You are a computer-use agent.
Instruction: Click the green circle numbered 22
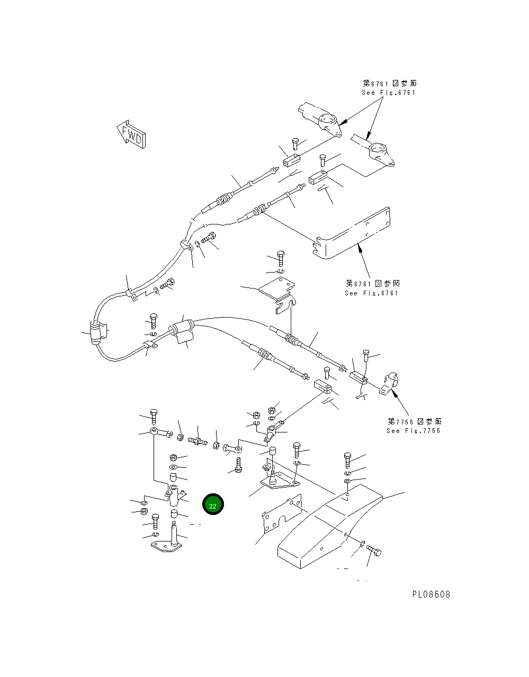213,505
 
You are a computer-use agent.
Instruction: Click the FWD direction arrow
131,136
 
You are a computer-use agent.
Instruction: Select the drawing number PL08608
431,594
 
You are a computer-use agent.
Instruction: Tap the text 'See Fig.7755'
413,431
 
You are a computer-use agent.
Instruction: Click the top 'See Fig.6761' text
389,93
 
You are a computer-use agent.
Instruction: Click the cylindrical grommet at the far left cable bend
96,333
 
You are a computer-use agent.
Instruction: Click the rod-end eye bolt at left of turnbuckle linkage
160,434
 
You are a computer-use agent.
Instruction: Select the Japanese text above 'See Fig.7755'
414,421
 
